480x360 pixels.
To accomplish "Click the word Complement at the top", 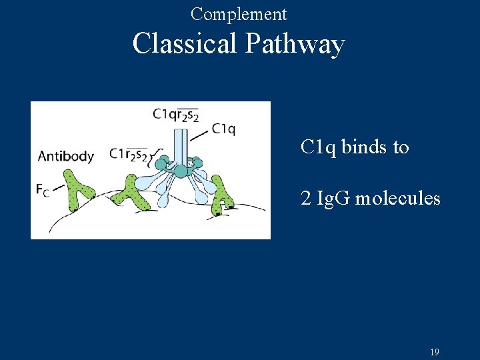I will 239,13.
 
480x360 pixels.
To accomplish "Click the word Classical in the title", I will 185,44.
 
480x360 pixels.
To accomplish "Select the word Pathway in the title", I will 294,45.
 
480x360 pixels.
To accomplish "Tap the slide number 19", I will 435,352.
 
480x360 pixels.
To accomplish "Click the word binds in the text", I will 366,147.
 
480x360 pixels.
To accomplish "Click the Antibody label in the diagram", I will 65,156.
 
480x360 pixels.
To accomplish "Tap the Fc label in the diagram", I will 43,190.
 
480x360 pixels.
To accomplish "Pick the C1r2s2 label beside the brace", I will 128,155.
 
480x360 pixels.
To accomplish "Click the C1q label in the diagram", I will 223,129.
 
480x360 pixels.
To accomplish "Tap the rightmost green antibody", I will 223,199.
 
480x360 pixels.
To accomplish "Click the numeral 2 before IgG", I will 305,198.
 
